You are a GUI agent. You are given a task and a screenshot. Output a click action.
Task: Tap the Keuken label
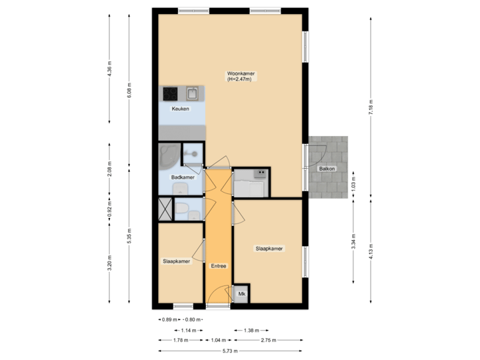pos(180,109)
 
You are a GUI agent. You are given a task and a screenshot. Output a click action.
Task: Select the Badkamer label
pos(182,177)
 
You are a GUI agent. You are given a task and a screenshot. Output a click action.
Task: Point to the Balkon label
pos(327,169)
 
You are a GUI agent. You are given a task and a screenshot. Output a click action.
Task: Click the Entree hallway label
pos(218,266)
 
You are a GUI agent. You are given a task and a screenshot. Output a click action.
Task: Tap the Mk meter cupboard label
pos(241,294)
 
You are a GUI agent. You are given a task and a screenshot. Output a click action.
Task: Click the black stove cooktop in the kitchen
pos(169,93)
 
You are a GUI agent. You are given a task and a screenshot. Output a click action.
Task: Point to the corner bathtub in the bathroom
pos(169,157)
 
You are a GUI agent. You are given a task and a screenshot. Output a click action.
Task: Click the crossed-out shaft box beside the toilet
pos(165,209)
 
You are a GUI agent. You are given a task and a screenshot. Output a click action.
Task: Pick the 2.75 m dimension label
pos(269,340)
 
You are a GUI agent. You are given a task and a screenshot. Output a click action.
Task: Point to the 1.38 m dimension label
pos(251,330)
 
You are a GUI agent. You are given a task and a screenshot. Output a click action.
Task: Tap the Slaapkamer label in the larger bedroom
pos(269,249)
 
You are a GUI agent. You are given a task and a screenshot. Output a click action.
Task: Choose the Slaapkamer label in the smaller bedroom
pos(177,261)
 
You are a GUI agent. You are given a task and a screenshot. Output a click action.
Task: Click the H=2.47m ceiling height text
pos(239,79)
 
